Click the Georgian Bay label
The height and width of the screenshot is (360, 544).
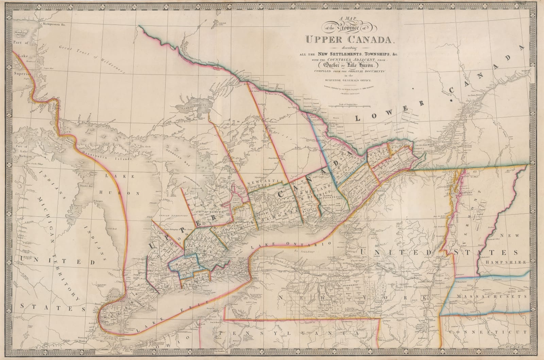(x=185, y=160)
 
